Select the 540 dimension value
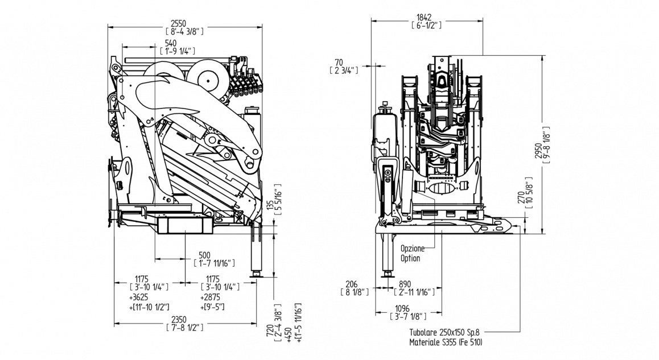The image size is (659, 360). pos(170,43)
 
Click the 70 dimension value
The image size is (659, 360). pos(339,62)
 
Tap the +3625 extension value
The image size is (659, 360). pos(140,298)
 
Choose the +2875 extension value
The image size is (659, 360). pos(211,298)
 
